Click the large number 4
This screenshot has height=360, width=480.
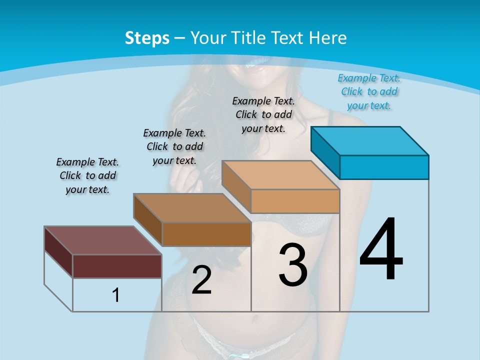click(381, 250)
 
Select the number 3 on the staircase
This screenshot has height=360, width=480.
click(293, 265)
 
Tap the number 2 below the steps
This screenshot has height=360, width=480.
click(201, 280)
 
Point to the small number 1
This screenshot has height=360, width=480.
click(116, 295)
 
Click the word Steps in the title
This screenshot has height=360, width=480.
click(147, 38)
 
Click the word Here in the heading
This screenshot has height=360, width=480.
click(328, 38)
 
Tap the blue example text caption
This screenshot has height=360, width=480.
click(369, 92)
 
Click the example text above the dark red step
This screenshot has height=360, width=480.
click(87, 176)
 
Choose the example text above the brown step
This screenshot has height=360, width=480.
click(174, 147)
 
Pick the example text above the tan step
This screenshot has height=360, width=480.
click(263, 115)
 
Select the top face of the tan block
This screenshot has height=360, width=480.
click(280, 175)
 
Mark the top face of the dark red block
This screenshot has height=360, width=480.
click(103, 240)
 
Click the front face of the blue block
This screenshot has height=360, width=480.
click(384, 167)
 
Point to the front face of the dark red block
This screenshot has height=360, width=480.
click(117, 266)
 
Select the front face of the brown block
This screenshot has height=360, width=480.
click(206, 234)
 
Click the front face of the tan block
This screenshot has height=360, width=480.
click(295, 201)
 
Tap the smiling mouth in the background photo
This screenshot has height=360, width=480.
click(257, 64)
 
